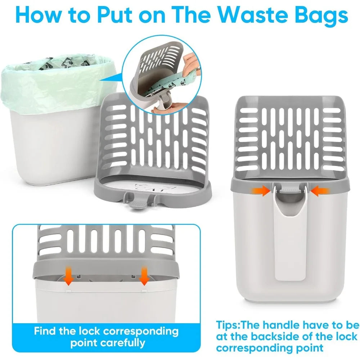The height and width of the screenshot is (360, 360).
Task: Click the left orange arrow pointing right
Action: point(261,191)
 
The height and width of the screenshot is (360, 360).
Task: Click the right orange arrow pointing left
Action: point(320,191)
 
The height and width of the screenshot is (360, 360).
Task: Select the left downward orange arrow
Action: point(68,276)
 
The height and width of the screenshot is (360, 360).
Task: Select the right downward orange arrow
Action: point(144,276)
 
